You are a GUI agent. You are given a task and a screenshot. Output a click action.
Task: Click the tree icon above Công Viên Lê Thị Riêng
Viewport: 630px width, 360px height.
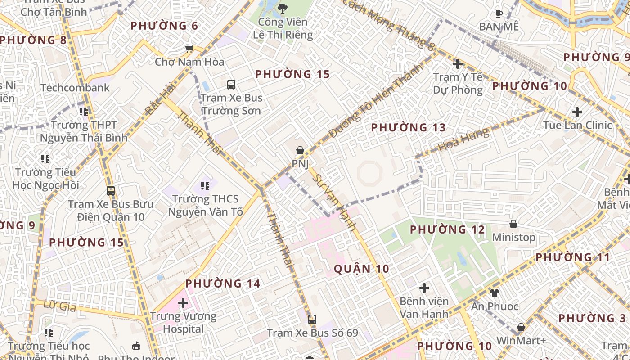coord(283,8)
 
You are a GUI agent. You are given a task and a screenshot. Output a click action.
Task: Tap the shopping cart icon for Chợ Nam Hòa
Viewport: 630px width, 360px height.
coord(189,48)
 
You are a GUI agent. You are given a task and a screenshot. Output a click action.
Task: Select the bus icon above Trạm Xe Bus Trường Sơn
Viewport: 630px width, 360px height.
coord(231,84)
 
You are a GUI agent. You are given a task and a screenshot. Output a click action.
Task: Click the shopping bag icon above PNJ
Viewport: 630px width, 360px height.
coord(300,150)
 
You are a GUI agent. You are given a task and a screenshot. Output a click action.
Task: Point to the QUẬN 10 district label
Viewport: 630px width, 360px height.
coord(361,269)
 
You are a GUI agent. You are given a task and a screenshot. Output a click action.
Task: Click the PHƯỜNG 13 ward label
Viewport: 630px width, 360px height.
coord(408,128)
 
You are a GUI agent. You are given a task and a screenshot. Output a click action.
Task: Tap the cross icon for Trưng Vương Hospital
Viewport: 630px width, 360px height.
coord(183,303)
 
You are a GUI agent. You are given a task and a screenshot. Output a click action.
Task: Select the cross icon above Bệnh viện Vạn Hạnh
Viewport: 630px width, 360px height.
coord(424,288)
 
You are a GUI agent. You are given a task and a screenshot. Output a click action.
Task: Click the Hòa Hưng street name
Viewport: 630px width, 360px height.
coord(463,139)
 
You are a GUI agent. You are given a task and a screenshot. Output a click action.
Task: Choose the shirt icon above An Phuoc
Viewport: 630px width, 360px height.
coord(495,293)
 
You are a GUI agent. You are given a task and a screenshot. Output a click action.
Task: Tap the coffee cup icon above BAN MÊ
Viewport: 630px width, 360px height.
coord(499,13)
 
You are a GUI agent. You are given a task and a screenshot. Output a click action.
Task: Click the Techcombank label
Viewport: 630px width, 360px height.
coord(75,88)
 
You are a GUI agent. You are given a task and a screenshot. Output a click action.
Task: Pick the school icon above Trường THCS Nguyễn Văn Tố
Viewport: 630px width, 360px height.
coord(205,185)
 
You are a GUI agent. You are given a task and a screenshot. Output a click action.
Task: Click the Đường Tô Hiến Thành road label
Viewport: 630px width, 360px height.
coord(376,101)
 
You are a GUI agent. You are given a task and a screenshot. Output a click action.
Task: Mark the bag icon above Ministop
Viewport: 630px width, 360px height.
coord(513,224)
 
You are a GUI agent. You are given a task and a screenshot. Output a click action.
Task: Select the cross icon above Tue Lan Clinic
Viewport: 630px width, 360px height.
coord(577,112)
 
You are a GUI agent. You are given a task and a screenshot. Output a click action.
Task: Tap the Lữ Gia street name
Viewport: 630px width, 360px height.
coord(60,306)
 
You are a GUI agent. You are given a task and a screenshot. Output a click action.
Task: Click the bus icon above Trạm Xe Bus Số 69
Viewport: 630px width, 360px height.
coord(312,319)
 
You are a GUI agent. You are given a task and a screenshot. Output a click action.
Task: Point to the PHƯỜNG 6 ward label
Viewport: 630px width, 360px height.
coord(164,26)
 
